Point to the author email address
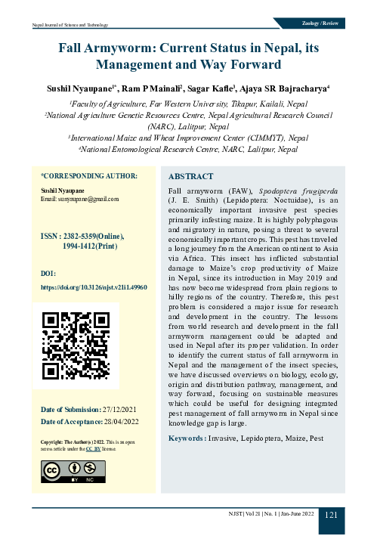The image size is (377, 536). point(80,199)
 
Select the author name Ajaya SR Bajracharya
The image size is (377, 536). point(291,89)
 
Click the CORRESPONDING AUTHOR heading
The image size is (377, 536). point(88,175)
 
